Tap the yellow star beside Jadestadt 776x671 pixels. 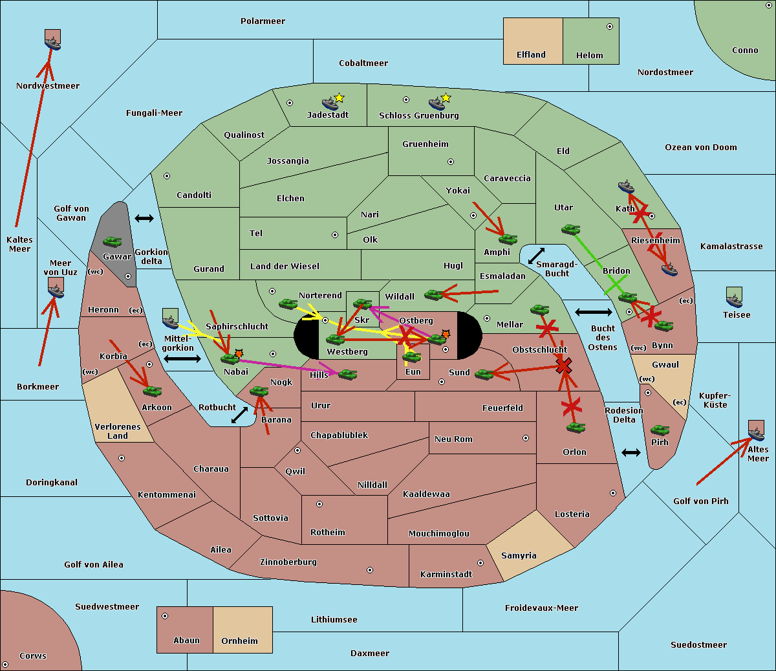339,98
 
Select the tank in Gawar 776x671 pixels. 113,241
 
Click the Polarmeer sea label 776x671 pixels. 263,21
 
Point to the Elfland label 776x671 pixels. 531,55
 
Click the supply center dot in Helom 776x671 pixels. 610,27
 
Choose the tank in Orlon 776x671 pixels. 576,428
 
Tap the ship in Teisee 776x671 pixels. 734,300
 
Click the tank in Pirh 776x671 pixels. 660,430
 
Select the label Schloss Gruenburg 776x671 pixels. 419,115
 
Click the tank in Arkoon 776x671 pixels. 152,391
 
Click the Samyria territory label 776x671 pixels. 519,555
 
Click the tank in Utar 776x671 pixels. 570,229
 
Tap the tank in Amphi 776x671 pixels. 508,239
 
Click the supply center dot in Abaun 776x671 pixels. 165,616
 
